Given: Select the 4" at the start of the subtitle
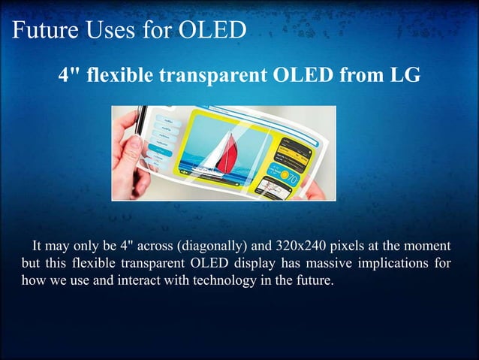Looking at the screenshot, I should tap(68, 75).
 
